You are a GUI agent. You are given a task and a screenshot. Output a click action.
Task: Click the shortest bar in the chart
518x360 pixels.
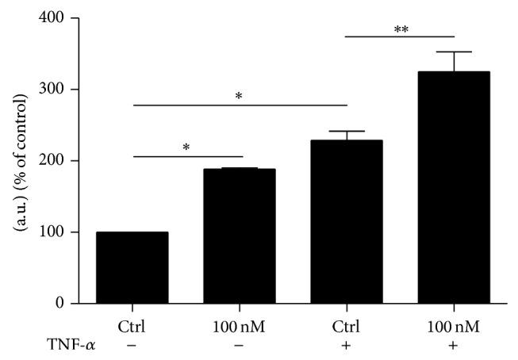tap(133, 267)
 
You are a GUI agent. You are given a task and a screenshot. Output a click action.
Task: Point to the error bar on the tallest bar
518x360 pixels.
tap(453, 61)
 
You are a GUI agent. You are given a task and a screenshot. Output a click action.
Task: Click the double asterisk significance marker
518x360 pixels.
tap(400, 29)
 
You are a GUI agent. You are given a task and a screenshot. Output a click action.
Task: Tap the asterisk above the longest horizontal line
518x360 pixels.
tap(240, 97)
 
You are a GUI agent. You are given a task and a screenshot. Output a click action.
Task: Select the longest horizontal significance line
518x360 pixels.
tap(240, 105)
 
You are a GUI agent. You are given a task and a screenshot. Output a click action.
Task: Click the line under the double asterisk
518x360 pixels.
tap(400, 37)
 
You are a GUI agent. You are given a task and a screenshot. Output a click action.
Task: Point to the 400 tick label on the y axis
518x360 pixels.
tap(55, 17)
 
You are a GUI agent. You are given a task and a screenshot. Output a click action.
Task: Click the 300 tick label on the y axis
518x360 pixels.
tap(55, 89)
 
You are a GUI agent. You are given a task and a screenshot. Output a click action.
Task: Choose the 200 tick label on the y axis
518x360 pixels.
tap(55, 160)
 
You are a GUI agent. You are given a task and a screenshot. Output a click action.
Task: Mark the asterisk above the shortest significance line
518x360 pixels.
tap(186, 148)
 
